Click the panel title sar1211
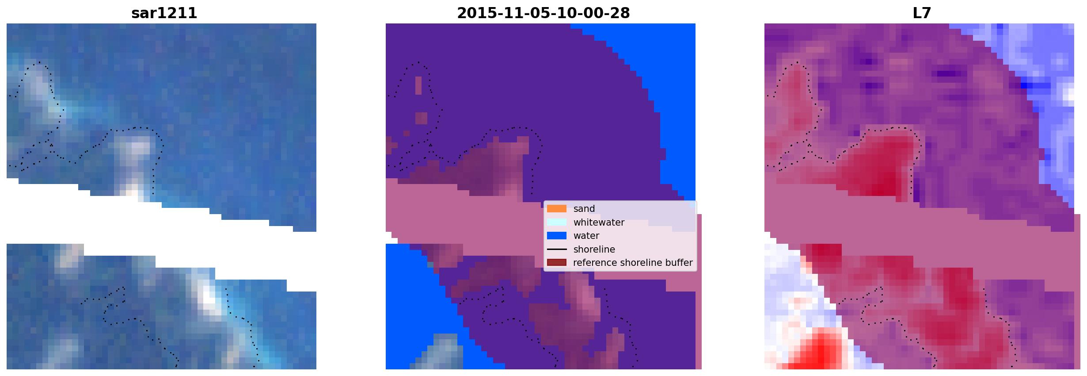coord(164,13)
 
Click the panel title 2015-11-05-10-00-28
coord(543,13)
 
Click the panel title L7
coord(922,13)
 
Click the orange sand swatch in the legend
coord(556,209)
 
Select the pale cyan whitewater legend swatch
coord(556,222)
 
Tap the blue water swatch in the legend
coord(556,236)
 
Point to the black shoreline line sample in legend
coord(556,249)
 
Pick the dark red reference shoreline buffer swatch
coord(556,263)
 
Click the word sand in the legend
coord(584,209)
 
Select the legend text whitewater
coord(599,222)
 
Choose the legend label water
coord(586,236)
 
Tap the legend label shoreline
coord(594,249)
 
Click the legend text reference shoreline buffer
coord(633,263)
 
